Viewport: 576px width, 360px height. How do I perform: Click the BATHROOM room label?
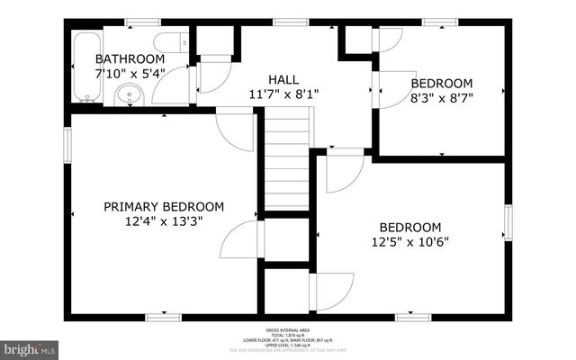[x=130, y=58]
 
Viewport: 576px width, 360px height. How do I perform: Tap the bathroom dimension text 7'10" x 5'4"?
[x=130, y=73]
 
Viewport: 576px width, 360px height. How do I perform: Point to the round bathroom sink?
[x=130, y=94]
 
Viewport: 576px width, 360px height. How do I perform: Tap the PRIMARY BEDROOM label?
[x=163, y=206]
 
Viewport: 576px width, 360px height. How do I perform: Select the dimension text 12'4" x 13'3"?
[x=163, y=221]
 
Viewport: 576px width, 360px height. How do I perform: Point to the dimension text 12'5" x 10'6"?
[x=409, y=241]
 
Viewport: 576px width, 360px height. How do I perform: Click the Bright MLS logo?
[x=29, y=347]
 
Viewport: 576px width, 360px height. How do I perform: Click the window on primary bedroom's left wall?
[x=67, y=144]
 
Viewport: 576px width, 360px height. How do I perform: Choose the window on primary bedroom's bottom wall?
[x=163, y=317]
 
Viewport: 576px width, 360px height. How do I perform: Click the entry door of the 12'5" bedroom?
[x=344, y=171]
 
